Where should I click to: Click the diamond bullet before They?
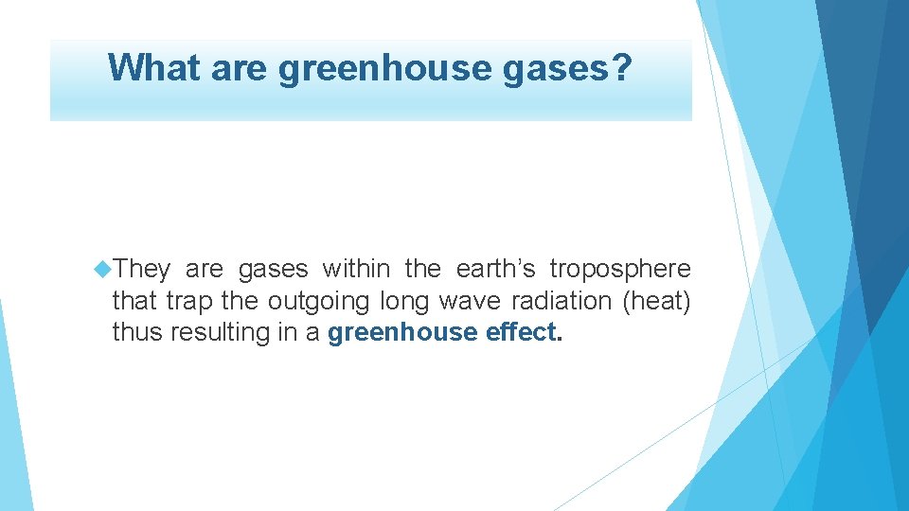pyautogui.click(x=102, y=270)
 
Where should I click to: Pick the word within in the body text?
pyautogui.click(x=356, y=270)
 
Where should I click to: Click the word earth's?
pyautogui.click(x=495, y=270)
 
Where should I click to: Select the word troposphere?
pyautogui.click(x=620, y=271)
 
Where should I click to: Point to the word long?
pyautogui.click(x=403, y=303)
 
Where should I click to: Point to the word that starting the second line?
pyautogui.click(x=135, y=302)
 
